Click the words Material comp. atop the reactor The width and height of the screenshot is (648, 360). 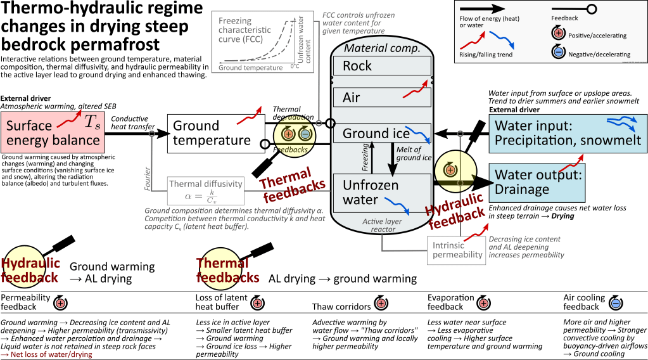click(381, 49)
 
